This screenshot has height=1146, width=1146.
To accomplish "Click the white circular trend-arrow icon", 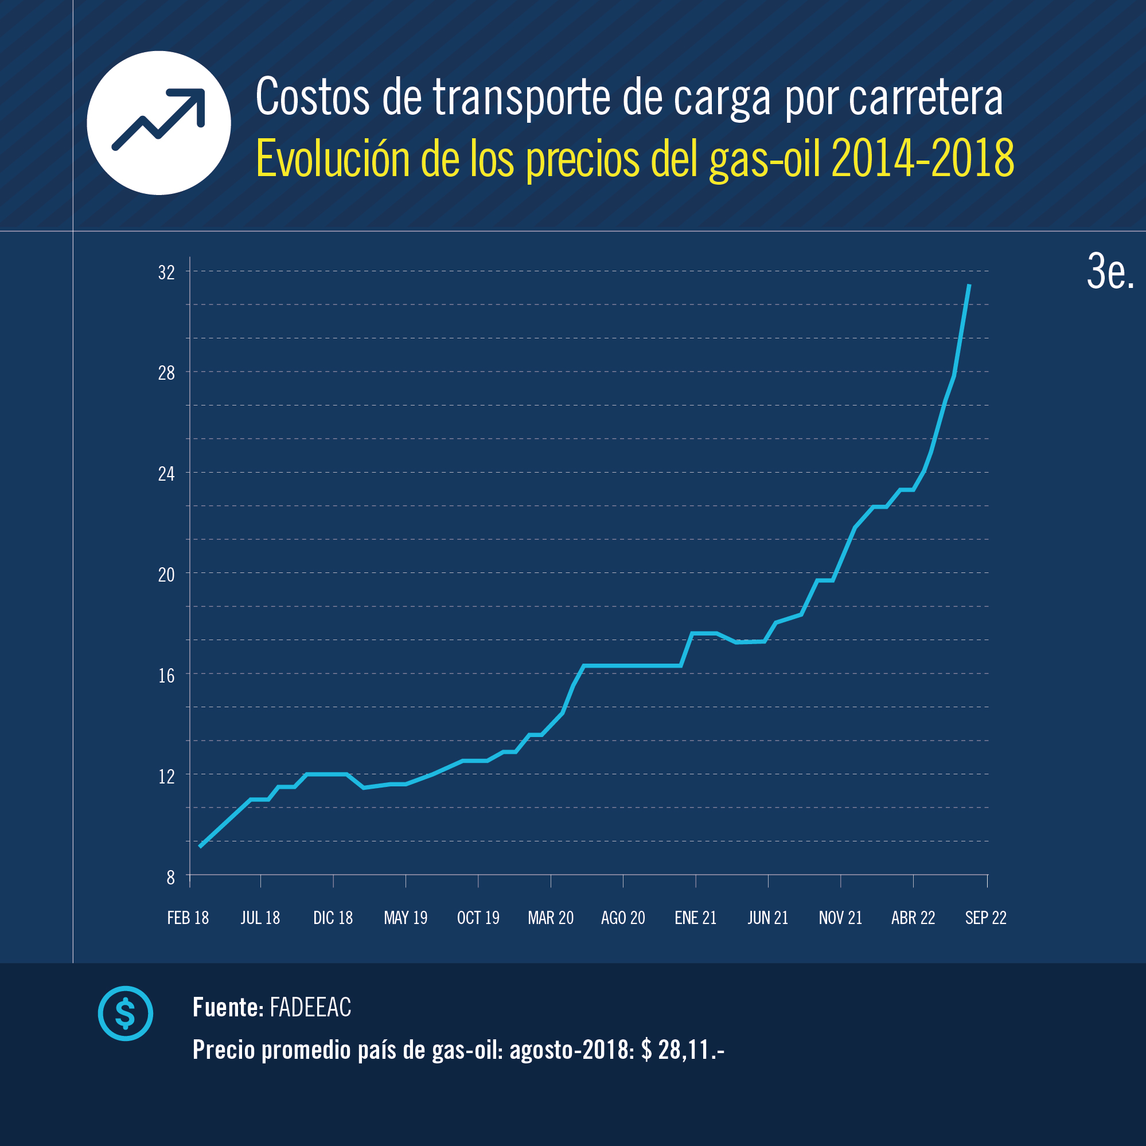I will (x=158, y=123).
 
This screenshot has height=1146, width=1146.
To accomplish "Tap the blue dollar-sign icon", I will (x=125, y=1013).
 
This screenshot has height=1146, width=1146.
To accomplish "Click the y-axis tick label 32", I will (x=166, y=273).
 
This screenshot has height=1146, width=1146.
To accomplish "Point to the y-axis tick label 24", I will (x=166, y=474).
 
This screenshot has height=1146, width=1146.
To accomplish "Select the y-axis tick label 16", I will (x=166, y=676).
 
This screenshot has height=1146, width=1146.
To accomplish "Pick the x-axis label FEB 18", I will (x=188, y=918).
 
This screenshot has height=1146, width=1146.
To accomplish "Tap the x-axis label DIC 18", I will (x=333, y=918).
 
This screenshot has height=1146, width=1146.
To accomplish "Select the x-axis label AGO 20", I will (x=623, y=918).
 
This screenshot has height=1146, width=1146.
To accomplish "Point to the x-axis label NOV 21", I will (x=840, y=918).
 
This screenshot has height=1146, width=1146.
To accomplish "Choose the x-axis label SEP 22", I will (x=985, y=918).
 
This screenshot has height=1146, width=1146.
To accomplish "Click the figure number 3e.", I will (x=1109, y=272).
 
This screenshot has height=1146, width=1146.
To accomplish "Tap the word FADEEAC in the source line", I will (x=310, y=1007).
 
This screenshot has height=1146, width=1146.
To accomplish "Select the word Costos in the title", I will (x=312, y=98).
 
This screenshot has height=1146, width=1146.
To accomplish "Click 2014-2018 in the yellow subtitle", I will (x=922, y=158).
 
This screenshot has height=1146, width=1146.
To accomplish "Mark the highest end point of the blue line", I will (x=969, y=285).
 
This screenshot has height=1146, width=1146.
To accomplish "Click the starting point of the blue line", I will (x=200, y=847).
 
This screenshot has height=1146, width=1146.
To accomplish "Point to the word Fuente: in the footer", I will (x=228, y=1007).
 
